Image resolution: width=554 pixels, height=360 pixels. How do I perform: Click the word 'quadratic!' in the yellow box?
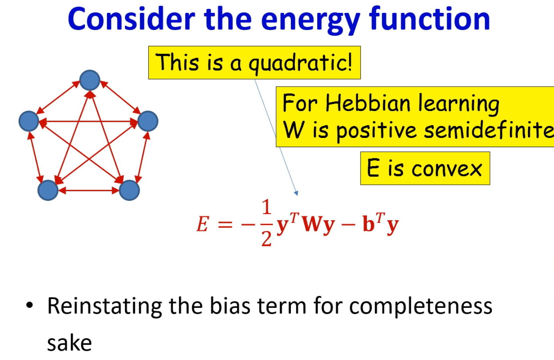(300, 63)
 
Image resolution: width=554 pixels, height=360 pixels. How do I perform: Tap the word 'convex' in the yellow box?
(447, 169)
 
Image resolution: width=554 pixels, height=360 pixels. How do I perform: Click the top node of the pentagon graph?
(90, 80)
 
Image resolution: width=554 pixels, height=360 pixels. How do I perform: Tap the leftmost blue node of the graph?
(29, 121)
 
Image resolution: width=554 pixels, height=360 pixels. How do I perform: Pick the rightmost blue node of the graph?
(148, 121)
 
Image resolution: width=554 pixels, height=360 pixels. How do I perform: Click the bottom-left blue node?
(48, 190)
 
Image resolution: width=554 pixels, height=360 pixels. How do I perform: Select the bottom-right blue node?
(129, 190)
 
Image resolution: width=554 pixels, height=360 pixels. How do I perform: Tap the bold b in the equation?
(369, 223)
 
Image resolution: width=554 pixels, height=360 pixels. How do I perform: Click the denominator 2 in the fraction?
(266, 239)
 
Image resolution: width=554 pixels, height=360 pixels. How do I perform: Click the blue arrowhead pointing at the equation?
(296, 193)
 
